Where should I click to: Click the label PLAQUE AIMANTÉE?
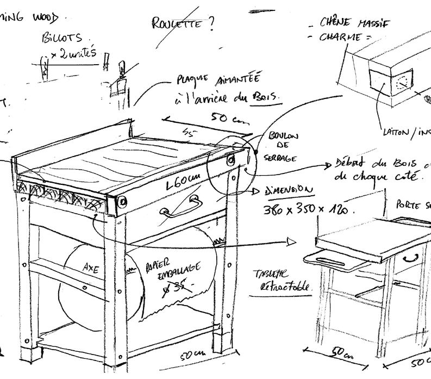point(228,82)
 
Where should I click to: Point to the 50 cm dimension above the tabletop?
point(222,121)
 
